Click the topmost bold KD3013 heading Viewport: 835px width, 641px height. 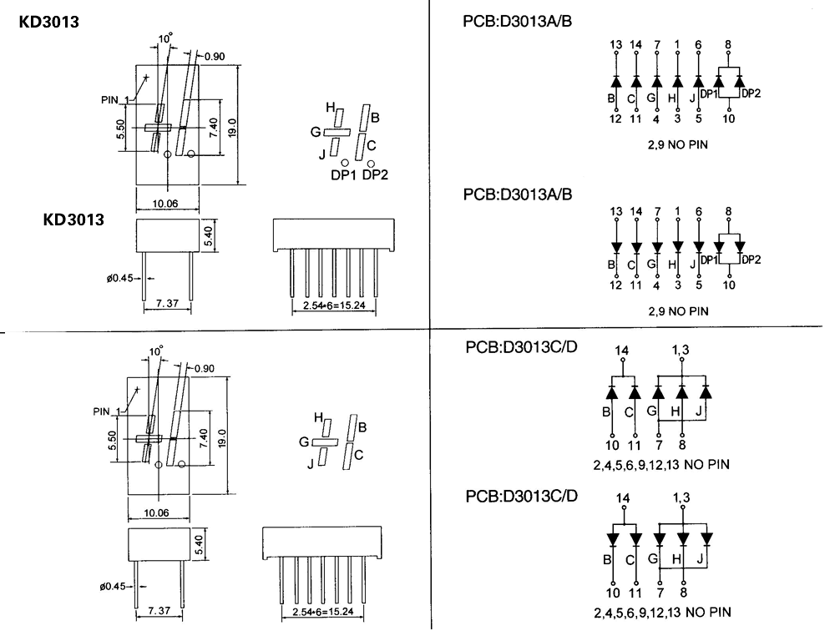tap(49, 23)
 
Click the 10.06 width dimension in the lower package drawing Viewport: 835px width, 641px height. tap(156, 512)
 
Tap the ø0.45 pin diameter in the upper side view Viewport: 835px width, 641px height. tap(121, 278)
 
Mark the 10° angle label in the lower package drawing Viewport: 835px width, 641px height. tap(156, 351)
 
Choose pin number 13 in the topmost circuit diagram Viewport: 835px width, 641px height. tap(616, 43)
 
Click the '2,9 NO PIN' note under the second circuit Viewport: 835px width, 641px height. tap(678, 311)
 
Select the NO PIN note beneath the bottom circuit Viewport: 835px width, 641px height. tap(665, 612)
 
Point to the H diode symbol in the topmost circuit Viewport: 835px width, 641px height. tap(677, 82)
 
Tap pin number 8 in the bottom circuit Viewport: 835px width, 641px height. tap(683, 593)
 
